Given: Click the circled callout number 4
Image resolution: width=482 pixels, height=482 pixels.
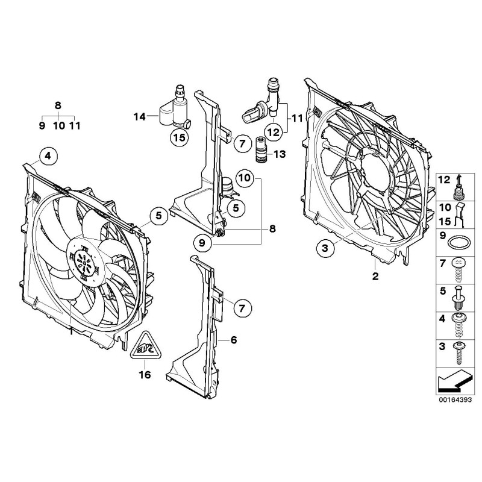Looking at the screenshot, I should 48,157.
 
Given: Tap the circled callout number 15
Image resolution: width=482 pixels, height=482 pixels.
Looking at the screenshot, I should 180,138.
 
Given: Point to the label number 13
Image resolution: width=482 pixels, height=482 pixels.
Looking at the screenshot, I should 278,154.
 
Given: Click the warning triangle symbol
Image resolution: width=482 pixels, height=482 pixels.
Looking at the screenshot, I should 145,346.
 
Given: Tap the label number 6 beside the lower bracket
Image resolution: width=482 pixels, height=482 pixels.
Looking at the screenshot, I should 234,340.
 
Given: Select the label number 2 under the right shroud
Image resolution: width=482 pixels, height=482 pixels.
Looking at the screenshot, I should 375,277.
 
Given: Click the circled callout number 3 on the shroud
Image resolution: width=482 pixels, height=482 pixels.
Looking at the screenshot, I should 325,247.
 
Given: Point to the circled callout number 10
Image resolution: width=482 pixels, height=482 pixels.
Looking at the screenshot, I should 244,178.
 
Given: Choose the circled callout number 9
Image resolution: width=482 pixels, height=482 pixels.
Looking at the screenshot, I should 203,243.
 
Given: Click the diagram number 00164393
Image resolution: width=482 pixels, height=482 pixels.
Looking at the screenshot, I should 454,398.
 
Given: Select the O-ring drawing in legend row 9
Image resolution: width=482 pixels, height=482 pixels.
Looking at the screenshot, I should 460,243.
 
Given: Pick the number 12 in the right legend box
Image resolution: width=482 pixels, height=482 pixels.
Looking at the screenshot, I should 443,180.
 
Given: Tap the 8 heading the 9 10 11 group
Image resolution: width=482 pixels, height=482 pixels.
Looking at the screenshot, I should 58,105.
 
